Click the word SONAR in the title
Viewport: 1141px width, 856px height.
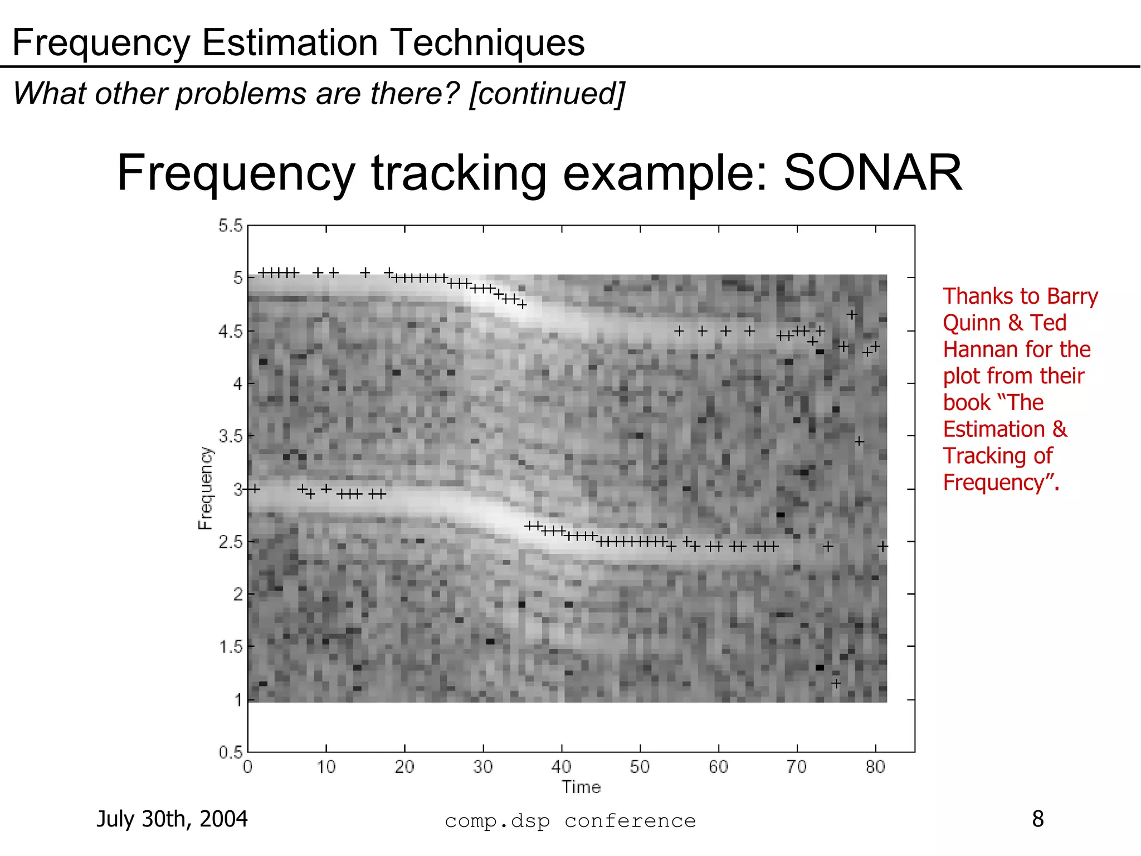[872, 173]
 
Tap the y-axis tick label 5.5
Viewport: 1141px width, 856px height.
[231, 226]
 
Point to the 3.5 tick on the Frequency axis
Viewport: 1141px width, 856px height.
[231, 436]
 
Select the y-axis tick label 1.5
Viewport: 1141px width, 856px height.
[231, 646]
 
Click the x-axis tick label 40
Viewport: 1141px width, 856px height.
[561, 767]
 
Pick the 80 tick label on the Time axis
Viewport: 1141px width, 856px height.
[875, 767]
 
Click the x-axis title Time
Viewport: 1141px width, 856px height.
[581, 787]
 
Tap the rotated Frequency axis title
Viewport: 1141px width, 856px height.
[206, 488]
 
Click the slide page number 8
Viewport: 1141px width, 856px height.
[1038, 819]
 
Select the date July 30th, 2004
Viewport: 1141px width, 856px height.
[172, 819]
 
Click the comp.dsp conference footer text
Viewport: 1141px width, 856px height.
[570, 821]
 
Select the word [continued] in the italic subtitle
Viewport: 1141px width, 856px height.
[547, 94]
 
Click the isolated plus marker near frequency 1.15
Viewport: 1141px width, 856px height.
[836, 683]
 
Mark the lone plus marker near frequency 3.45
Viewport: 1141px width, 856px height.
[859, 441]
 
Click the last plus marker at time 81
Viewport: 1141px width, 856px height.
[882, 546]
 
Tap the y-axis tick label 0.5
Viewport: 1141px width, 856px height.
[231, 752]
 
